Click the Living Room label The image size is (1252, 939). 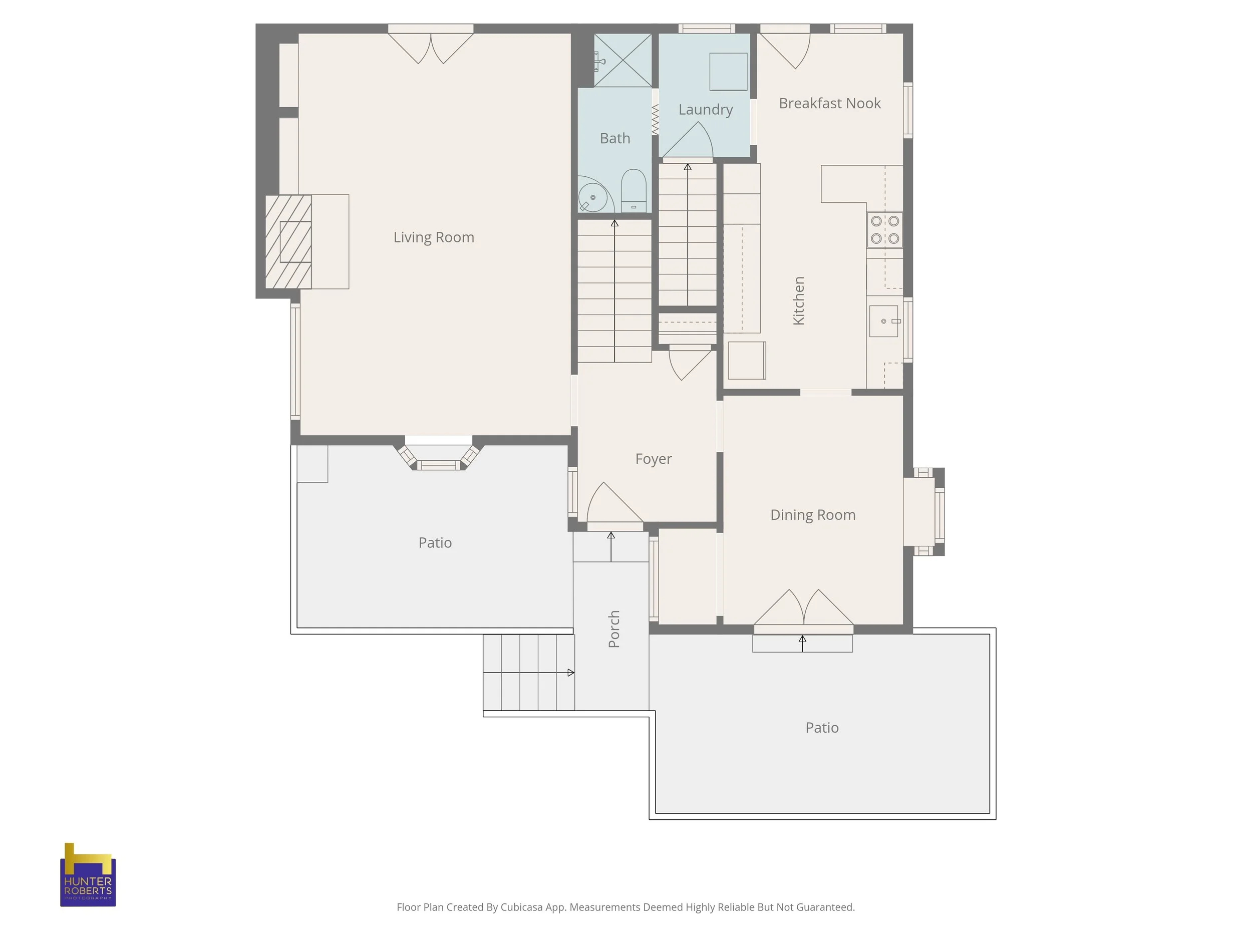pyautogui.click(x=434, y=237)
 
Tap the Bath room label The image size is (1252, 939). pyautogui.click(x=614, y=138)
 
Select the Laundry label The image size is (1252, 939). pyautogui.click(x=705, y=110)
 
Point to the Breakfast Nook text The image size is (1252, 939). pyautogui.click(x=830, y=103)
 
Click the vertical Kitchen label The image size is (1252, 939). pyautogui.click(x=799, y=300)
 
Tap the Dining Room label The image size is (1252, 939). pyautogui.click(x=813, y=515)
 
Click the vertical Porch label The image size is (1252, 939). pyautogui.click(x=614, y=629)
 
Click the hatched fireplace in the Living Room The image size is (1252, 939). pyautogui.click(x=288, y=242)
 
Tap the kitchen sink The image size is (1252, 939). pyautogui.click(x=884, y=321)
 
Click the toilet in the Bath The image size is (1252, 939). pyautogui.click(x=634, y=190)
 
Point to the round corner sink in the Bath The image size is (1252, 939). pyautogui.click(x=592, y=196)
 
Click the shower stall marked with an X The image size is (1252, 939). pyautogui.click(x=622, y=60)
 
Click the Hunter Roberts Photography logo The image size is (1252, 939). pyautogui.click(x=88, y=874)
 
